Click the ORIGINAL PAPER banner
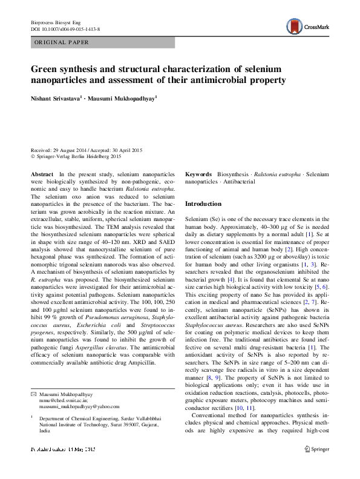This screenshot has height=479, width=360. click(62, 42)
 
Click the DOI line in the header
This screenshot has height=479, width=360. click(65, 29)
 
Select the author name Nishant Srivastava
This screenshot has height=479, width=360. click(55, 97)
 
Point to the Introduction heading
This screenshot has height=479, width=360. click(203, 204)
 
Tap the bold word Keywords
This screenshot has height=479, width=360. click(198, 174)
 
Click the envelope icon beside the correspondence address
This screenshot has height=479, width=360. click(33, 394)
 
